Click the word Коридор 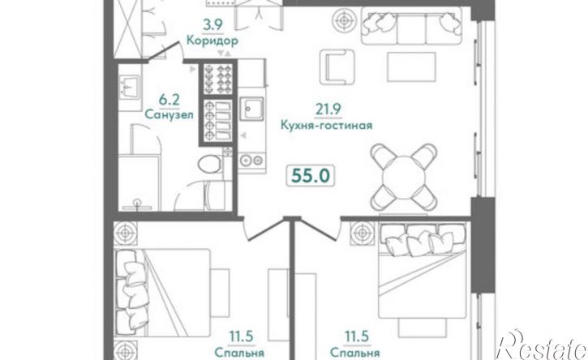click(212, 40)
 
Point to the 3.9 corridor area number click(212, 24)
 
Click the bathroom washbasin click(131, 84)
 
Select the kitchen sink click(252, 109)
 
